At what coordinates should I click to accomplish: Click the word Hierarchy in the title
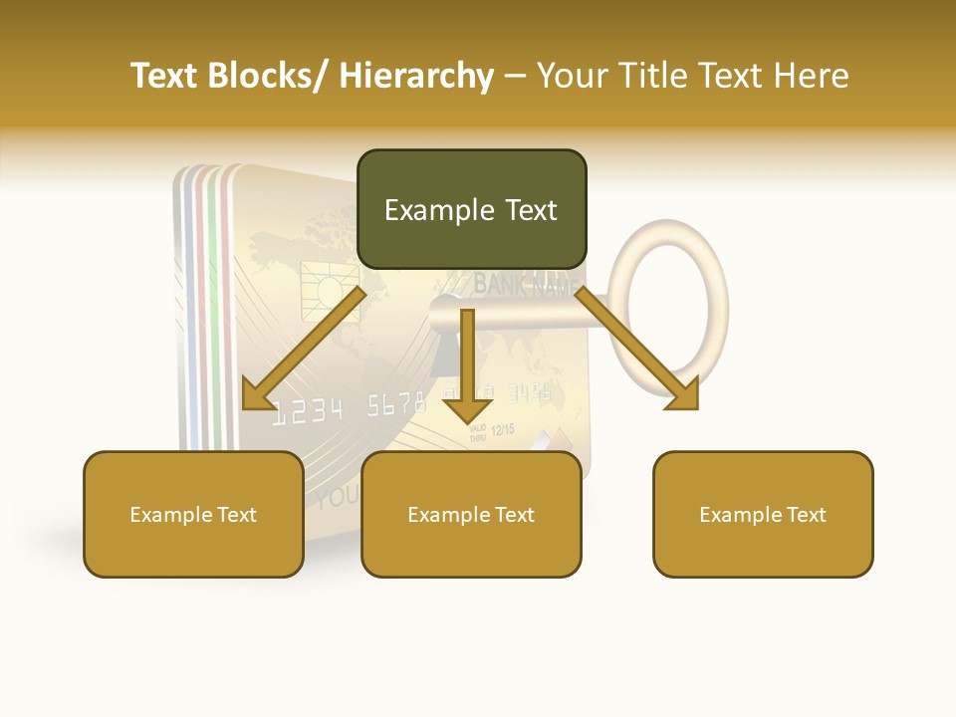416,76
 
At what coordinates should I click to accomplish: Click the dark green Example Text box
471,210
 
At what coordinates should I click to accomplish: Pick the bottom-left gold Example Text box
193,515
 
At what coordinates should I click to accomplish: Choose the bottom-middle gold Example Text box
471,515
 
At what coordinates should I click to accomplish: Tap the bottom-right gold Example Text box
763,515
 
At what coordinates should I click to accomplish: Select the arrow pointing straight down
467,368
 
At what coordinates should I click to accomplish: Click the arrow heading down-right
637,349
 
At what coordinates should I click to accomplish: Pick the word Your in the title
573,76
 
